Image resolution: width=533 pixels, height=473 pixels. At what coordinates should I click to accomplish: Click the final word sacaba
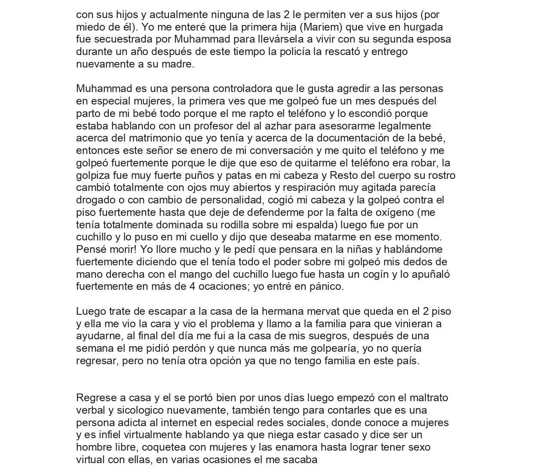coord(300,460)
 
